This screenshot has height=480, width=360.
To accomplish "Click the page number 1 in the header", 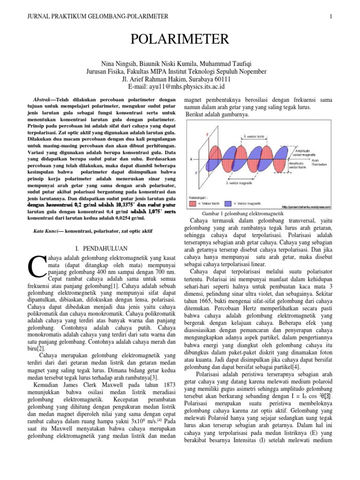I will coord(330,17).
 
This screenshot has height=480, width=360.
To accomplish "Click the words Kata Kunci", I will coord(45,231).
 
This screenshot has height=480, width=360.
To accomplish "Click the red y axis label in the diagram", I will coord(208,134).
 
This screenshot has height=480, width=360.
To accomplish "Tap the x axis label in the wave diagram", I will coord(191,159).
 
